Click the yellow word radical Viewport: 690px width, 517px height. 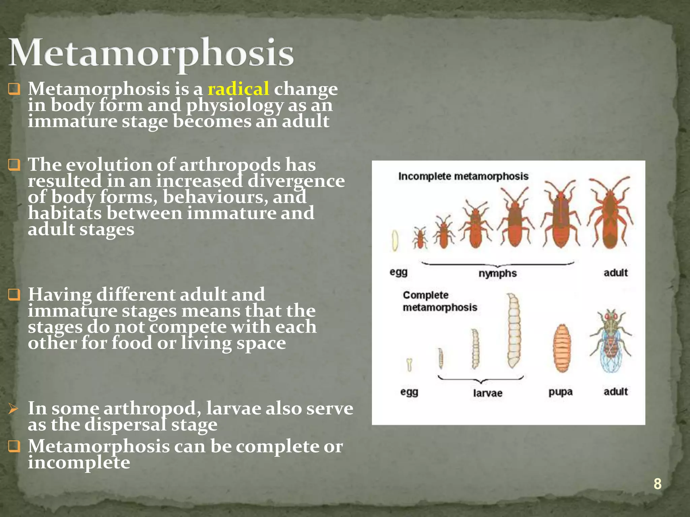click(x=238, y=89)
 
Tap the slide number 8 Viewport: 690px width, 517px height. click(x=657, y=484)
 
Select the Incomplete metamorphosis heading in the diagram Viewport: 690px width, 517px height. click(x=463, y=176)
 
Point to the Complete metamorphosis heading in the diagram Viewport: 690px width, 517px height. click(x=440, y=301)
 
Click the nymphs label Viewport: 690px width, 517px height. click(x=498, y=273)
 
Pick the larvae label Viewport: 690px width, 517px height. click(x=488, y=393)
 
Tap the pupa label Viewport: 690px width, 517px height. click(x=560, y=392)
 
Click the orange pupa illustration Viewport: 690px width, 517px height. click(x=562, y=348)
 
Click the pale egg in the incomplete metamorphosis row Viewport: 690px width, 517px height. click(x=395, y=240)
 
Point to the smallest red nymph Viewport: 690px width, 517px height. click(x=420, y=238)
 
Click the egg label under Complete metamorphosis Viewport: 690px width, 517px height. click(x=409, y=392)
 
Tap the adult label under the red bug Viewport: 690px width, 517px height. click(x=616, y=273)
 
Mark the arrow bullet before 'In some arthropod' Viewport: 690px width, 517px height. click(x=13, y=409)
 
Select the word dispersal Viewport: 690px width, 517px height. click(x=125, y=425)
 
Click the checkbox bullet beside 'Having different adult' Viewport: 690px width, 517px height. click(x=14, y=295)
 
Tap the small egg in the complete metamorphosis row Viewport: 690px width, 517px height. click(x=409, y=365)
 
